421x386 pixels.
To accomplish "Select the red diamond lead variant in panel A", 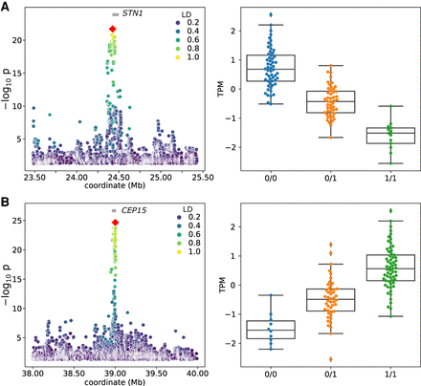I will point(113,30).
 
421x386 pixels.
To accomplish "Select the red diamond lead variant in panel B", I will point(115,223).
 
